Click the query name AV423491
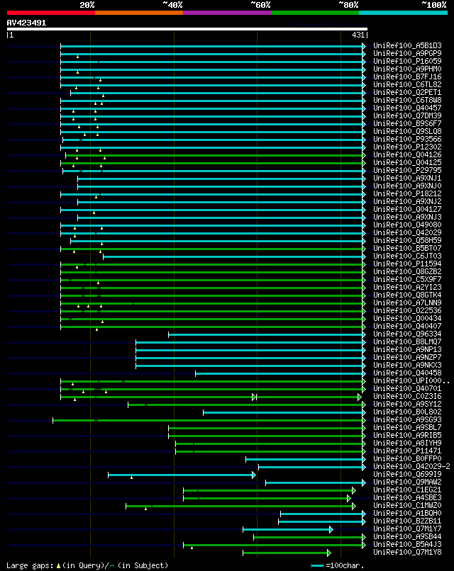tap(27, 23)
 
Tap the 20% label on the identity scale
tap(87, 4)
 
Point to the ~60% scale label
tap(260, 4)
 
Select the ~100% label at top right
tap(433, 4)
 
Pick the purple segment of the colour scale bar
tap(226, 12)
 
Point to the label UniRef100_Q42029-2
tap(411, 467)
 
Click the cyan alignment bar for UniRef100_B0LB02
tap(284, 412)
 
